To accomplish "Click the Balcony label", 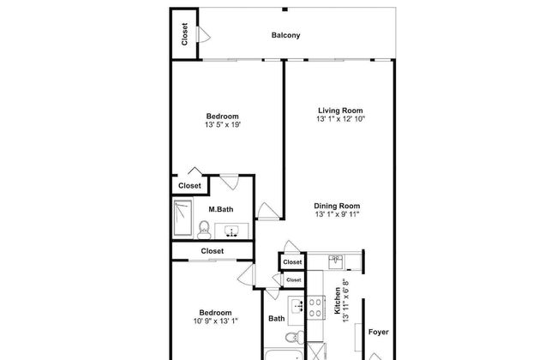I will (285, 35).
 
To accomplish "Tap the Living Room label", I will (340, 110).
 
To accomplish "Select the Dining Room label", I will (337, 206).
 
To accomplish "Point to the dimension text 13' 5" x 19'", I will (222, 125).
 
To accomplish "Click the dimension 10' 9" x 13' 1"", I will (216, 321).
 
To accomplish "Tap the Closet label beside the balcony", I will (184, 33).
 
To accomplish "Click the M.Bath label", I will (221, 209).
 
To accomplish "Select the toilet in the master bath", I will (205, 228).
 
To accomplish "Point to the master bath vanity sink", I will (232, 230).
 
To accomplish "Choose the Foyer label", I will (378, 331).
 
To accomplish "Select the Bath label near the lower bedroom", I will (276, 319).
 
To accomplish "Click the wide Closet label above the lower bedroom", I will (212, 251).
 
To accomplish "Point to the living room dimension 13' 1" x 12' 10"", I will (340, 120).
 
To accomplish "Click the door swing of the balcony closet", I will (203, 35).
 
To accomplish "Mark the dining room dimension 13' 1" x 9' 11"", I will (337, 215).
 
